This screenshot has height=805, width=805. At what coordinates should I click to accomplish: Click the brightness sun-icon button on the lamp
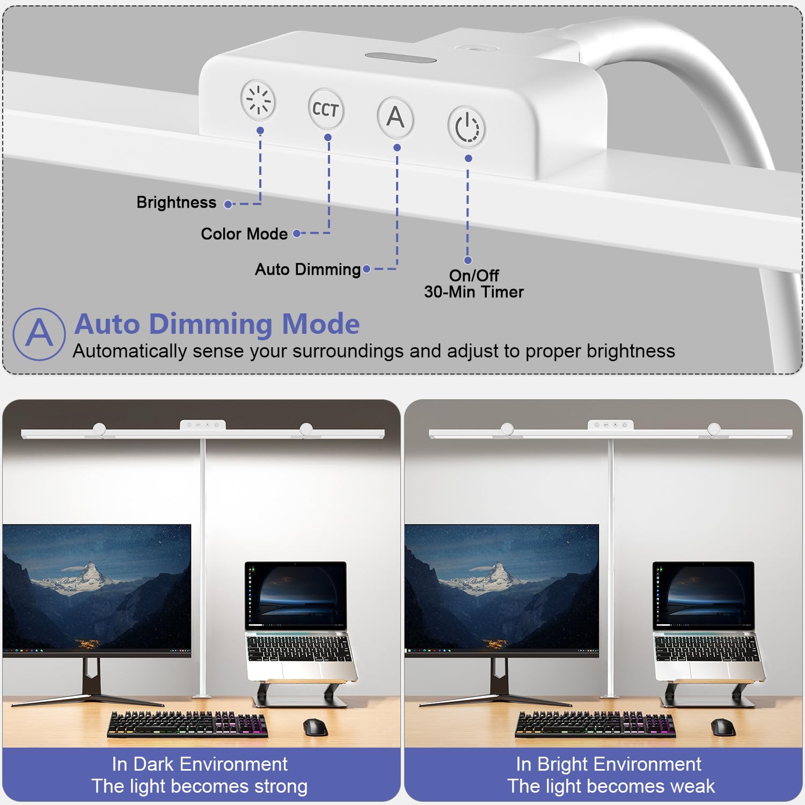coord(258,100)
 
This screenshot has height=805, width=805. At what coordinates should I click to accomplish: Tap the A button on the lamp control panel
coord(396,116)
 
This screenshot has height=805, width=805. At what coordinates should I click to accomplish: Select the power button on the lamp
coord(466,127)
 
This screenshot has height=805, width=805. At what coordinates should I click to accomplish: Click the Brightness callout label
coord(176,202)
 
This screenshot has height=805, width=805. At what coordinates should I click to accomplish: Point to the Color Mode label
coord(244,234)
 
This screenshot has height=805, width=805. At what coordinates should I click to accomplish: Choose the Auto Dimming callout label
coord(308,269)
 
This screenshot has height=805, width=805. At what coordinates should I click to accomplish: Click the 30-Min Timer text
coord(474,292)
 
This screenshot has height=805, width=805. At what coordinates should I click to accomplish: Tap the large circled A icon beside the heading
coord(39,334)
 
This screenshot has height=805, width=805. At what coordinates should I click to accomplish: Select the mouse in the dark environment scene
coord(315,727)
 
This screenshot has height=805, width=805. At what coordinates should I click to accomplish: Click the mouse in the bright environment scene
coord(723,727)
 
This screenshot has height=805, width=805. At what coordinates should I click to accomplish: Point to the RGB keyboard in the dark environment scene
coord(187,724)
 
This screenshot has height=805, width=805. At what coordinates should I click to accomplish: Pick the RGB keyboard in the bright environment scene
coord(595,724)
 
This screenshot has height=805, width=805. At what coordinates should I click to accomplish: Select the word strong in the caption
coord(281,786)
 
